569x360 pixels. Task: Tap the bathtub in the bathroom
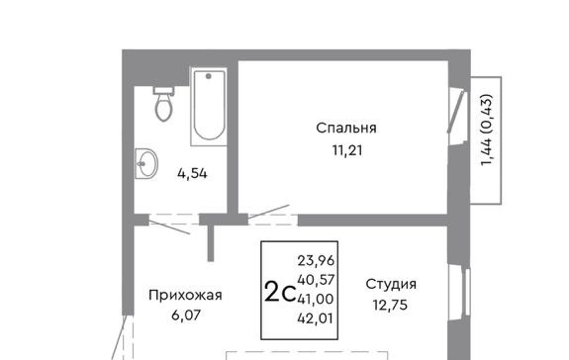tap(209, 107)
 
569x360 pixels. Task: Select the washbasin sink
tap(146, 163)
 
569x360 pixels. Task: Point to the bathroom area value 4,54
tap(192, 174)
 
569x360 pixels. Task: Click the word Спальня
tap(346, 128)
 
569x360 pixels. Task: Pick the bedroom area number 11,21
tap(347, 150)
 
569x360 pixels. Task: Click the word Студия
tap(391, 284)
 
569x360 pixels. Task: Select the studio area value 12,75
tap(391, 305)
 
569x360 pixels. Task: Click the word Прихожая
tap(185, 295)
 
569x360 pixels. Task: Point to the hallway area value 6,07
tap(186, 315)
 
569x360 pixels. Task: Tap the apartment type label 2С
tap(280, 292)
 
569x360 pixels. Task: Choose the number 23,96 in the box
tap(316, 260)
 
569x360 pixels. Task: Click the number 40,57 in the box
tap(316, 280)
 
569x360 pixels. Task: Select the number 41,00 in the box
tap(316, 299)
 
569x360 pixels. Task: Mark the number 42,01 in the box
tap(315, 318)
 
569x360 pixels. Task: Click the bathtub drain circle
tap(208, 76)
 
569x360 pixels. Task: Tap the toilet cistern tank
tap(164, 91)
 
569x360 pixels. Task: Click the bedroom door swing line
tap(269, 212)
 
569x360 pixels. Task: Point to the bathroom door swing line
tap(169, 227)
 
